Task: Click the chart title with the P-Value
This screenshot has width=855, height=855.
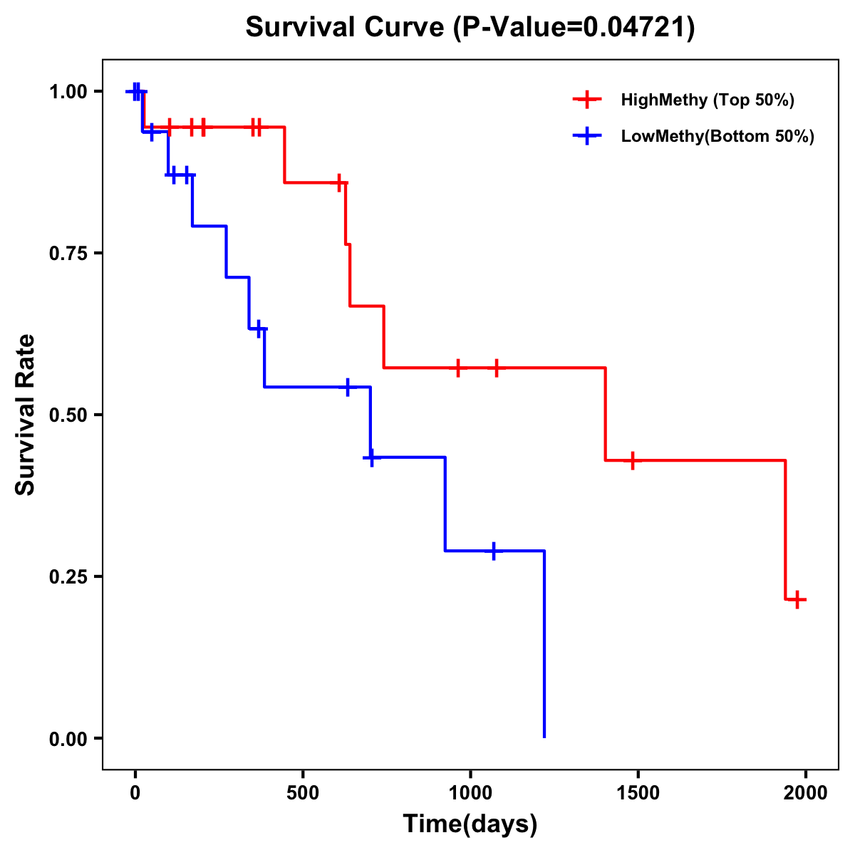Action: pos(470,28)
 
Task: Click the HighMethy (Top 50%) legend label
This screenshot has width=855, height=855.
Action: pos(708,100)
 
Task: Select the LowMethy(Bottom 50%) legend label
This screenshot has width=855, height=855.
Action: pos(717,136)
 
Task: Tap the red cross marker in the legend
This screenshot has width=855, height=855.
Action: pos(587,100)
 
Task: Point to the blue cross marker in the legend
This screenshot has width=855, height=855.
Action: pos(587,136)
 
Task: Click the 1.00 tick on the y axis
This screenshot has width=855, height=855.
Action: pos(68,92)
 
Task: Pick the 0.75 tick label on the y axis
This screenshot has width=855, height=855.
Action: pos(68,254)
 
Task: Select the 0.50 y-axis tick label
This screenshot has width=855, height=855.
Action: pos(68,415)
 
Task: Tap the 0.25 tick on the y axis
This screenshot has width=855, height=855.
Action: pos(68,577)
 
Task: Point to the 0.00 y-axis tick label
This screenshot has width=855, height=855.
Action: pos(68,739)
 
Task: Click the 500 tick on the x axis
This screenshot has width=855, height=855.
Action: pos(303,793)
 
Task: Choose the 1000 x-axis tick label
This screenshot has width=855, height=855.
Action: pos(470,793)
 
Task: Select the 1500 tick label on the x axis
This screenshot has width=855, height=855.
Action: pos(638,793)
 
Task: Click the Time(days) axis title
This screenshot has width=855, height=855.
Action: pos(470,824)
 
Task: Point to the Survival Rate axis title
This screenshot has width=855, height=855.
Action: pos(26,415)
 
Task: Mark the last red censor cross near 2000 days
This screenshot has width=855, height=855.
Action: pos(797,599)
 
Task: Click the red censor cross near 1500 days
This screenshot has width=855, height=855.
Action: pos(631,460)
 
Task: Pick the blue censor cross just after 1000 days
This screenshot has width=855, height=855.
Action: pos(493,551)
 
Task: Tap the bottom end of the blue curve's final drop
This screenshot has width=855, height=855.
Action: pos(544,737)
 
